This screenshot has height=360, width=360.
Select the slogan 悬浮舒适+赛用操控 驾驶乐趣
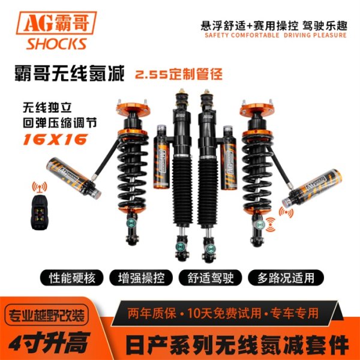click(x=273, y=23)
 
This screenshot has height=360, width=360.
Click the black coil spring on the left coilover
click(x=132, y=165)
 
